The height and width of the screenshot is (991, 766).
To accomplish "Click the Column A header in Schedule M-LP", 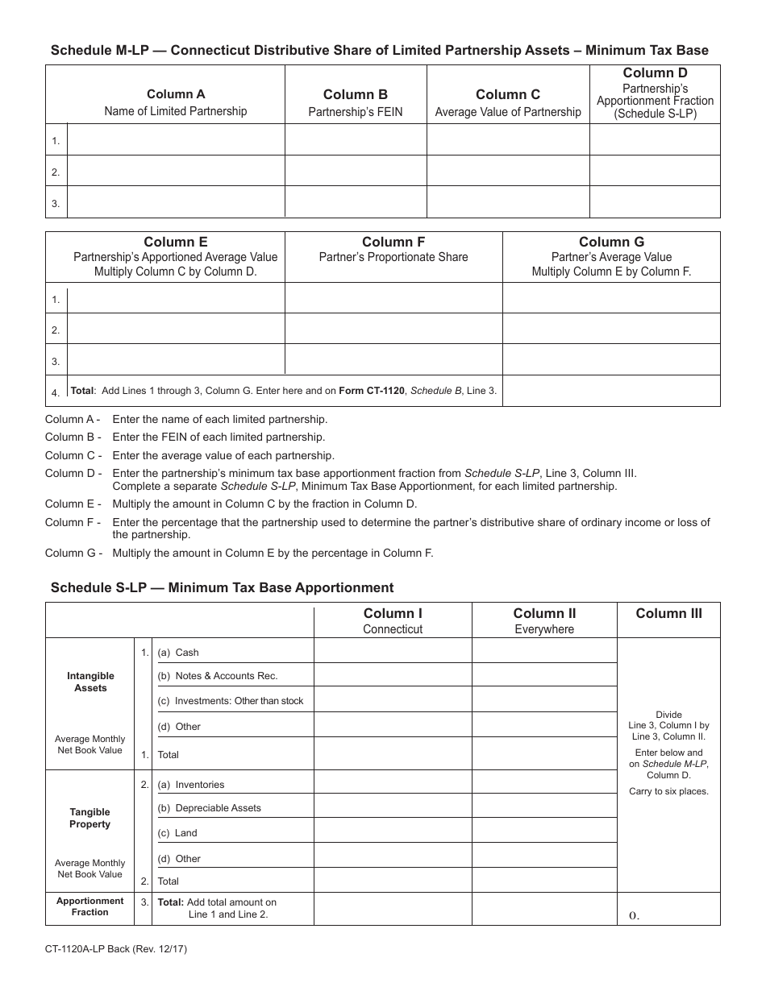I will coord(176,94).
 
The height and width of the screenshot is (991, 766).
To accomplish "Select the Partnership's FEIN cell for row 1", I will coord(356,139).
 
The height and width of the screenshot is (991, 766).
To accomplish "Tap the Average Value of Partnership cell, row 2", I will coord(508,171).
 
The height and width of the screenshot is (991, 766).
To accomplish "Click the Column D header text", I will coord(655,73).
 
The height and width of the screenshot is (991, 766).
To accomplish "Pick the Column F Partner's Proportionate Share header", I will coord(393,249).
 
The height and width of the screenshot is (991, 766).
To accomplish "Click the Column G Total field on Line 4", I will coord(610,392).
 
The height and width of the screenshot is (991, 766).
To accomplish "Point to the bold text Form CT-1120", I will coord(373,391).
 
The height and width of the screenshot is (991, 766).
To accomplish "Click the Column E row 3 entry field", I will coord(176,359).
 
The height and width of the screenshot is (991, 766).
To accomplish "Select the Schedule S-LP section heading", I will coord(222,587).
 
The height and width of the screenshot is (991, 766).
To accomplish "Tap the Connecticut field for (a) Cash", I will coord(393,651).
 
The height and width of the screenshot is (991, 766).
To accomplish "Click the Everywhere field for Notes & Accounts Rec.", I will coord(544,675).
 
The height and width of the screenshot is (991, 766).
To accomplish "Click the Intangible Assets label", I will coord(90,682).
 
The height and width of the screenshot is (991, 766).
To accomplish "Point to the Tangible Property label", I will coord(90,818).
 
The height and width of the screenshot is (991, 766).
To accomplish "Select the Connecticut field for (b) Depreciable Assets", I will coord(393,806).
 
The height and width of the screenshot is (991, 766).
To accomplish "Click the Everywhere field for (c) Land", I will coord(544,831).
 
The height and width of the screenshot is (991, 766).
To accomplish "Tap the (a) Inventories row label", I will coord(191,785).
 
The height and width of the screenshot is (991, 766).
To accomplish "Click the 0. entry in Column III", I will coord(634,915).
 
